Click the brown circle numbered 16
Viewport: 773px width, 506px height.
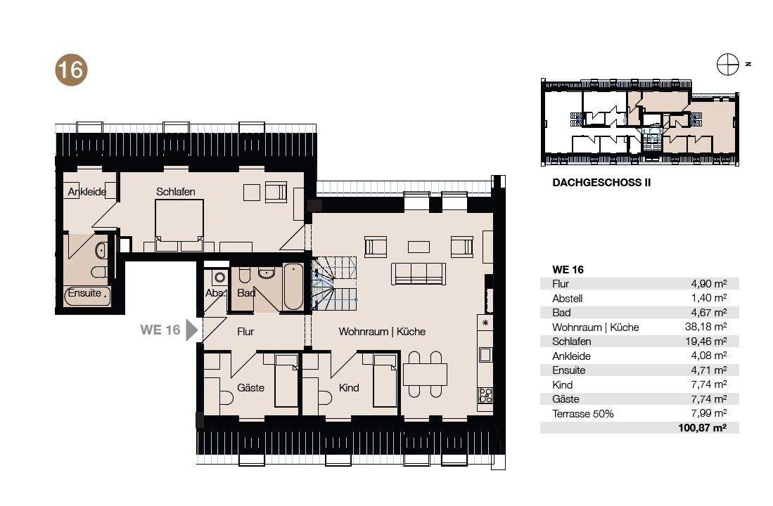pyautogui.click(x=71, y=70)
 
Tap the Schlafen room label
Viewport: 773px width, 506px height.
pyautogui.click(x=176, y=192)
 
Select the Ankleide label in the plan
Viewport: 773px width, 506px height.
pyautogui.click(x=87, y=192)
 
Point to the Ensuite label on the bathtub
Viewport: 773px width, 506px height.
pyautogui.click(x=84, y=292)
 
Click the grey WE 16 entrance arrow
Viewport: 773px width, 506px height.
pyautogui.click(x=191, y=330)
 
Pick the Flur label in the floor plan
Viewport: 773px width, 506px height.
pyautogui.click(x=245, y=332)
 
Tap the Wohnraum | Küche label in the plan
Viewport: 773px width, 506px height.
pyautogui.click(x=382, y=332)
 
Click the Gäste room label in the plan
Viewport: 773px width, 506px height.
pyautogui.click(x=250, y=388)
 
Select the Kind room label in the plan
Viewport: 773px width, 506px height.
pyautogui.click(x=349, y=388)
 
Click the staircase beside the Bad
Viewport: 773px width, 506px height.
pyautogui.click(x=334, y=283)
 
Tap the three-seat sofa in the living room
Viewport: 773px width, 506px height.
pyautogui.click(x=419, y=273)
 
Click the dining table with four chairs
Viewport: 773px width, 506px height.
pyautogui.click(x=425, y=374)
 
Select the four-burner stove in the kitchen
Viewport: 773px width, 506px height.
pyautogui.click(x=485, y=395)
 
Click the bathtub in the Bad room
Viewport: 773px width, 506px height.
pyautogui.click(x=293, y=287)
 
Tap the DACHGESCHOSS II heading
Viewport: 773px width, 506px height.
pyautogui.click(x=601, y=182)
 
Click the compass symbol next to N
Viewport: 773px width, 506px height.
pyautogui.click(x=728, y=64)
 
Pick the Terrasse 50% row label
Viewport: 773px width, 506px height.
pyautogui.click(x=582, y=414)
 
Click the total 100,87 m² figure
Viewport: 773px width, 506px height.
pyautogui.click(x=703, y=428)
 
